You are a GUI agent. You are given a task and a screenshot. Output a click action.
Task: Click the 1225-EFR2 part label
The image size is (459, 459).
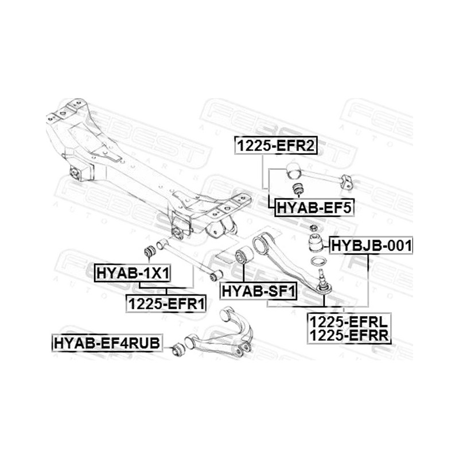point(276,146)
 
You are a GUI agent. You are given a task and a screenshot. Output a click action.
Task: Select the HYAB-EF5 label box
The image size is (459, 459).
point(314,208)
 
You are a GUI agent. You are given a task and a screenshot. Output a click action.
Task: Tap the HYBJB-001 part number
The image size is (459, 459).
point(371,246)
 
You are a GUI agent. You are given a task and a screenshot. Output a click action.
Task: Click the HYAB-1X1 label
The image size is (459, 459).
point(133,273)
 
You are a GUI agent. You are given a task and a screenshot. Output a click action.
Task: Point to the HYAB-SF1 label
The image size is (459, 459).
point(259,291)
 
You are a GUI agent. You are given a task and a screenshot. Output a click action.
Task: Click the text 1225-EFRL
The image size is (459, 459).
point(349,322)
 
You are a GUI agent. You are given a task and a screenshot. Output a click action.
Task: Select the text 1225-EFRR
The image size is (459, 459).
point(349,335)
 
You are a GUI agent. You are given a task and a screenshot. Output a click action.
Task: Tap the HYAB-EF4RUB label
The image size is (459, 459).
point(107,343)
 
